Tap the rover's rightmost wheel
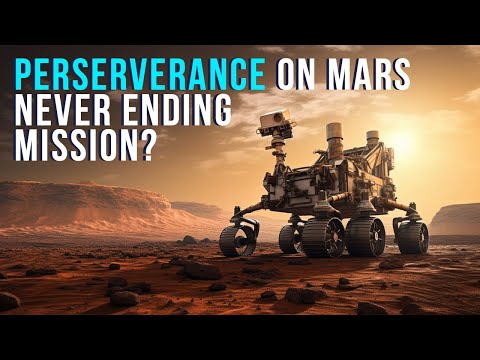[411, 237]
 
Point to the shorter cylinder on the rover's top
[371, 140]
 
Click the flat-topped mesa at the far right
[456, 218]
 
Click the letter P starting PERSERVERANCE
[21, 74]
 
